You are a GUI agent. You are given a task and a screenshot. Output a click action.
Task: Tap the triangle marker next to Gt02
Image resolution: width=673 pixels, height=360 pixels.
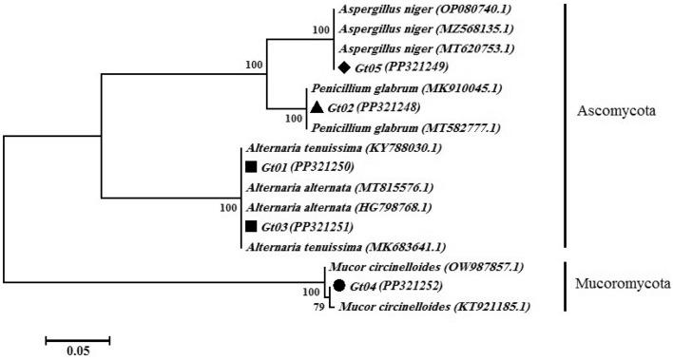(316, 107)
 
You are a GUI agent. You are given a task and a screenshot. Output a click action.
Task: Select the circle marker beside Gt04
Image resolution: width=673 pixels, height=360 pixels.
(338, 286)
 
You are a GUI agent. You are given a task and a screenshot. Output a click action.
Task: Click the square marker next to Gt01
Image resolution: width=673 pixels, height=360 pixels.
(251, 167)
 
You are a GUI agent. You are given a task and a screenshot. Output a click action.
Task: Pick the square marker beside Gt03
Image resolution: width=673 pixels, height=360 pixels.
(251, 226)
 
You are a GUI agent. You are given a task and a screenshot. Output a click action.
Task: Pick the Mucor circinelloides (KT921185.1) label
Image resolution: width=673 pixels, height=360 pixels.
(427, 306)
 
